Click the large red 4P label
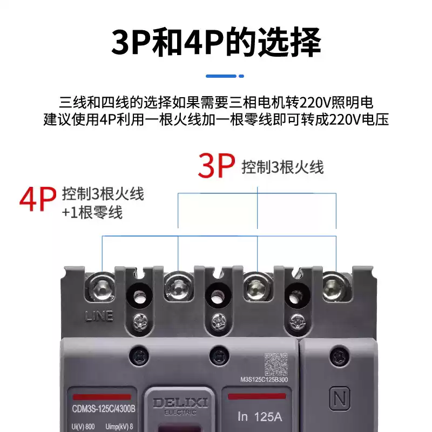point(38,200)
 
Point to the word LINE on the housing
point(99,316)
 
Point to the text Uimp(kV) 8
point(119,427)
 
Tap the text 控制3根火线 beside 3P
point(282,167)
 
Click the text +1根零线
point(92,212)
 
